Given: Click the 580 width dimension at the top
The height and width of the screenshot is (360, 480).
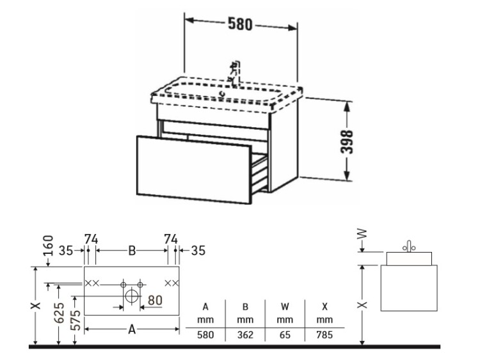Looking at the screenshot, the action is [240, 24].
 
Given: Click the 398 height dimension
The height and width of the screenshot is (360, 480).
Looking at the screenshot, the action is [347, 142].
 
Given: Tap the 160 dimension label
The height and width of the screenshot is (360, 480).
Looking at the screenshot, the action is [49, 246].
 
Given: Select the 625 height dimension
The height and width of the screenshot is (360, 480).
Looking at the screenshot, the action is [59, 313].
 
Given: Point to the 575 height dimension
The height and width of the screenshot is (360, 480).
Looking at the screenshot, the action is [76, 320].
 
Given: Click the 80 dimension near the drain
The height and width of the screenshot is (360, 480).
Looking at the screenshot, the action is [155, 300].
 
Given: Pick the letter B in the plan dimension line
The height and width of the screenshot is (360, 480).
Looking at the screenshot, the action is [132, 251].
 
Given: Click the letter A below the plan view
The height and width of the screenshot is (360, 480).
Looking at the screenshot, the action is [132, 329].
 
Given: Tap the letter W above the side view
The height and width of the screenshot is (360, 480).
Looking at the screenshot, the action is [362, 234].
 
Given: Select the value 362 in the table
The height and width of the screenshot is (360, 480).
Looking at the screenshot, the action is [245, 335].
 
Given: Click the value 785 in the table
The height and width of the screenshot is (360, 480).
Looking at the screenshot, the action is [324, 335].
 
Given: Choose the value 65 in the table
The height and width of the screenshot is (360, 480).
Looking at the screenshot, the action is [285, 335].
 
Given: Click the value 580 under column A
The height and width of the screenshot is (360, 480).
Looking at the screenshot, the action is [205, 335].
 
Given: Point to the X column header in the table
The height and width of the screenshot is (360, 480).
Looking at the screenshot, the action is [324, 306].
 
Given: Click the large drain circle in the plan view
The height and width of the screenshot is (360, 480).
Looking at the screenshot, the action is [132, 296].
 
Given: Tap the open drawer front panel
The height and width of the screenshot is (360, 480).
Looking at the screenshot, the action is [194, 169].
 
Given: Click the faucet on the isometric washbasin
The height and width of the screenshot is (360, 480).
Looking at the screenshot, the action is [235, 74].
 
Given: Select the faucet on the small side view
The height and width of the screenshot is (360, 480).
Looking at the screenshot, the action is [409, 246].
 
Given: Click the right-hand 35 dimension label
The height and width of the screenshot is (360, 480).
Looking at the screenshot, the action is [198, 251].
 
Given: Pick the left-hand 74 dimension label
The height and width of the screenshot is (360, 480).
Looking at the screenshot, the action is [91, 239].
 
